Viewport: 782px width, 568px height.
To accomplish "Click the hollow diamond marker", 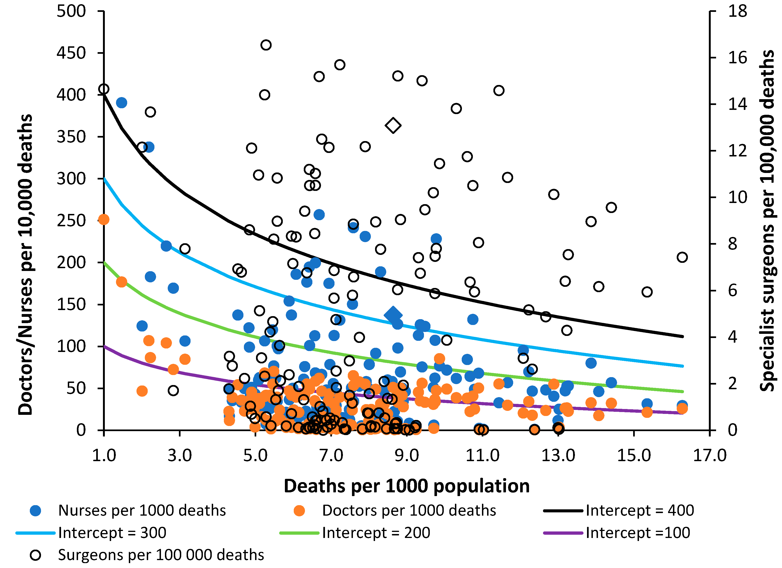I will (393, 125).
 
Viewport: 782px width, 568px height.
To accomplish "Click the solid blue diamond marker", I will (393, 315).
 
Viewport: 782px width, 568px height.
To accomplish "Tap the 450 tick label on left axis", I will (71, 53).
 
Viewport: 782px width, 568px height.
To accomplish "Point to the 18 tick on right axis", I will (738, 11).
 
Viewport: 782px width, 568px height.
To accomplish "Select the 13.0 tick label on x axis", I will (558, 455).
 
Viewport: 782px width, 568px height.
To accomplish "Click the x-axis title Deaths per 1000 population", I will (406, 486).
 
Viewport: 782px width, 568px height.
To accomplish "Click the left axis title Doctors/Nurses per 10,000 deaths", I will (25, 265).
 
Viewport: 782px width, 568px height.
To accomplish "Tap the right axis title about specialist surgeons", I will (767, 221).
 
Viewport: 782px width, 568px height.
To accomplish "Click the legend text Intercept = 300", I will (112, 533).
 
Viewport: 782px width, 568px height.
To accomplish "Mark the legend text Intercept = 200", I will (376, 533).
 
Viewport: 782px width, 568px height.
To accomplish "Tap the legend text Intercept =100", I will (638, 533).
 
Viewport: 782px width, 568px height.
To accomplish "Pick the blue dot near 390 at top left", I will (121, 103).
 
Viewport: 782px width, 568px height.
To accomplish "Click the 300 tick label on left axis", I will (71, 179).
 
